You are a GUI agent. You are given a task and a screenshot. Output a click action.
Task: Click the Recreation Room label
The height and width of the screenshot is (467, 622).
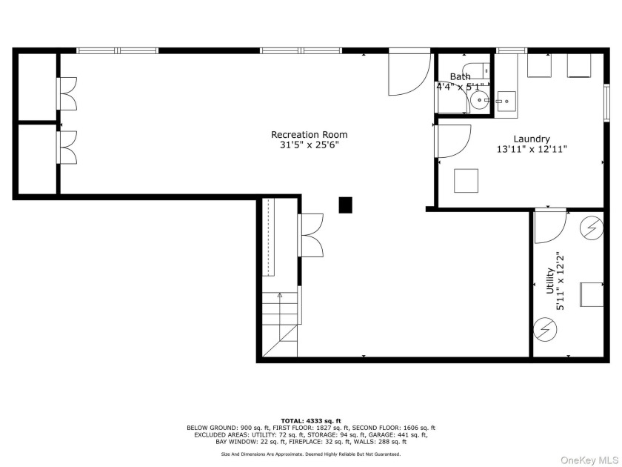[x=309, y=135]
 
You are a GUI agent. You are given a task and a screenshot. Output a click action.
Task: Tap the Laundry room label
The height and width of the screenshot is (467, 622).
[x=532, y=139]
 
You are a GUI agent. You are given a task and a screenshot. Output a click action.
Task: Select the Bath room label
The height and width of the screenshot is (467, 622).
[x=460, y=76]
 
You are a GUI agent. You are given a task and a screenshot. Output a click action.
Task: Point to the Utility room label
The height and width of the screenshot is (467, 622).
[x=549, y=281]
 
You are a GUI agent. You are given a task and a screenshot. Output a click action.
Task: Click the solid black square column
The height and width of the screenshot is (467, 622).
[x=345, y=205]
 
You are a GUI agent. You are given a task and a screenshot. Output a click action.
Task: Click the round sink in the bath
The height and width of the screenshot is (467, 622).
[x=481, y=101]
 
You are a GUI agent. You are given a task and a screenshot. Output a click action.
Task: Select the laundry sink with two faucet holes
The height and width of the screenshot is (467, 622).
[x=506, y=102]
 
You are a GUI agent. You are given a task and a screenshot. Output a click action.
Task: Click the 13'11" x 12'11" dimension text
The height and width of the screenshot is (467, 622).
[x=532, y=149]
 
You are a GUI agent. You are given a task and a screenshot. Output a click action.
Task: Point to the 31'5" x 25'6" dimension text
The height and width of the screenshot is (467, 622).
[x=309, y=145]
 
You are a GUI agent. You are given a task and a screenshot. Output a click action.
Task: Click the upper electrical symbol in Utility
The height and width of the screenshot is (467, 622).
[x=592, y=229]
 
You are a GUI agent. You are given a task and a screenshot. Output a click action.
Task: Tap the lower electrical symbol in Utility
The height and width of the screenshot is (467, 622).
[x=545, y=329]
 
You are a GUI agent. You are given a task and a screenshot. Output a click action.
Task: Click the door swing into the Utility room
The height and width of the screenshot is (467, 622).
[x=551, y=226]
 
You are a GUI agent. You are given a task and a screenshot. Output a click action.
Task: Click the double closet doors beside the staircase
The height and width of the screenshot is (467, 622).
[x=310, y=235]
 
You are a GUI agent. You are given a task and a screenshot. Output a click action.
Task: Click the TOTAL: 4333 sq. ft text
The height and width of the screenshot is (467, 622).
[x=311, y=421]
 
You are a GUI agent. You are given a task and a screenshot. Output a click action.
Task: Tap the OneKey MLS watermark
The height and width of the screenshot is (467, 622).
[x=589, y=460]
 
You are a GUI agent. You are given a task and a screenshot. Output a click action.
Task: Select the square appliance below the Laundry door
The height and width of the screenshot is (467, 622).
[x=466, y=181]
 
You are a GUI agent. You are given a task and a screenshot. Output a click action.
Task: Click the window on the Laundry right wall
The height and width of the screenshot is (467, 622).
[x=606, y=102]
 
